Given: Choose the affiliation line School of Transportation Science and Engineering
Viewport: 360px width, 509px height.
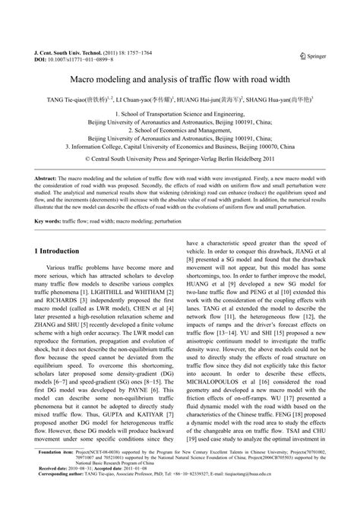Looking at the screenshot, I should pyautogui.click(x=181, y=112).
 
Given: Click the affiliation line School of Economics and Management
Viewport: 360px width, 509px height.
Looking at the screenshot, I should pyautogui.click(x=180, y=130).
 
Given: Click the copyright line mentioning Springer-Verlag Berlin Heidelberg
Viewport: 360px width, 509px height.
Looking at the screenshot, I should pyautogui.click(x=180, y=160).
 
